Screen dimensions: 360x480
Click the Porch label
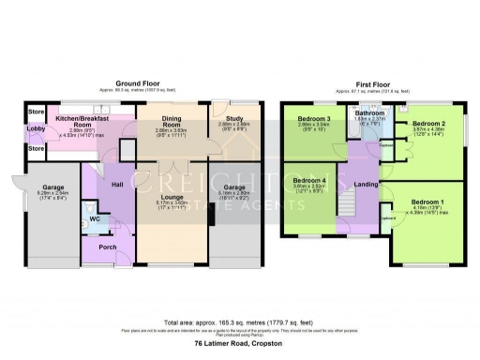click(x=110, y=247)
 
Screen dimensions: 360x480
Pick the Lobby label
click(x=36, y=128)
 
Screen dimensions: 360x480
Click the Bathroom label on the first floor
click(x=370, y=112)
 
